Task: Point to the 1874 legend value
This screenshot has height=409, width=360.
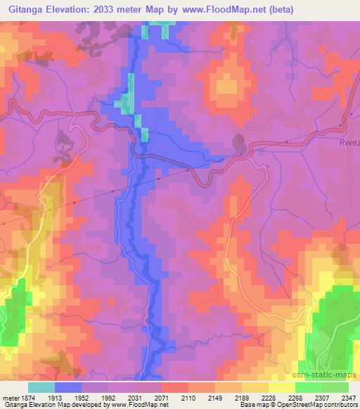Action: [x=25, y=397]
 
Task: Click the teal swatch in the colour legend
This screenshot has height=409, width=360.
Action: [x=41, y=387]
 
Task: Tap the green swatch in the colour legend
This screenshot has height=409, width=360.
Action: [x=321, y=387]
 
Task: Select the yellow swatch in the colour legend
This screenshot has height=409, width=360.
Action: [x=281, y=387]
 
